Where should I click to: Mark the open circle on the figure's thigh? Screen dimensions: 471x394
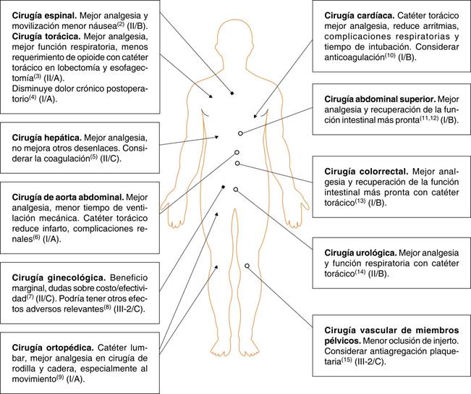tap(247, 267)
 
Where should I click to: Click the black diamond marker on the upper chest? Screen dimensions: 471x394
tap(232, 94)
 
